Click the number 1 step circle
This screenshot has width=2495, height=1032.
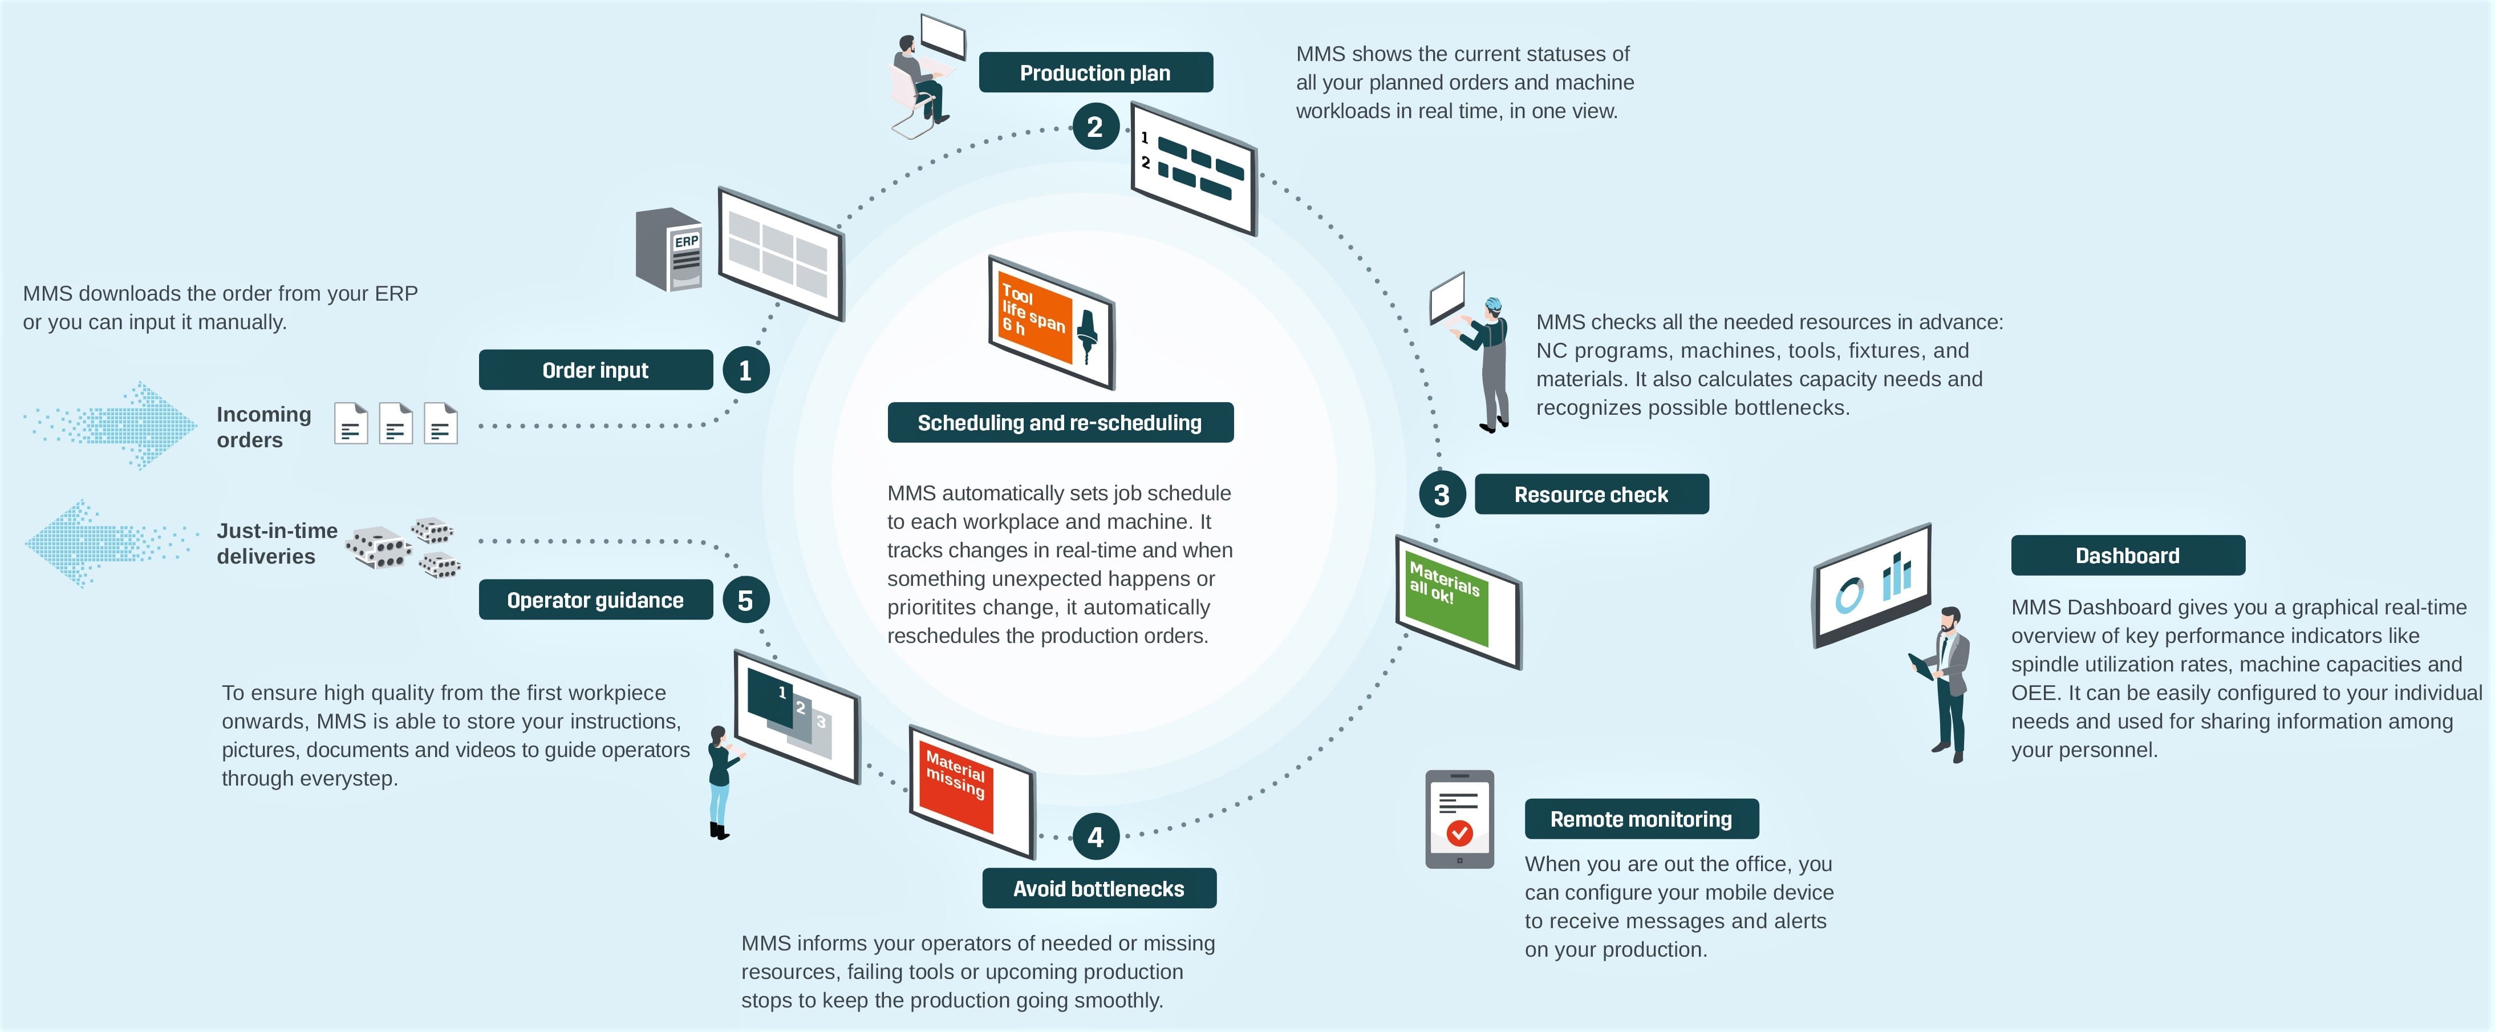point(745,370)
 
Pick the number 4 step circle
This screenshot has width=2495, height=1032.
point(1096,836)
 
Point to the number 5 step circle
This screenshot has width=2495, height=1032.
point(745,600)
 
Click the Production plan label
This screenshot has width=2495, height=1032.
point(1096,72)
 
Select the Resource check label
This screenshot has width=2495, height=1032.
point(1591,494)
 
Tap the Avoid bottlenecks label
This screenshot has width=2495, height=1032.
point(1098,889)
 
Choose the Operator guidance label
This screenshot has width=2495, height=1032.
point(595,600)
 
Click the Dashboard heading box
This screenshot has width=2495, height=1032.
point(2127,555)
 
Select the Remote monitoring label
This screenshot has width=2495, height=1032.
point(1641,819)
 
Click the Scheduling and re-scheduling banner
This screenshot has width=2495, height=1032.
point(1060,423)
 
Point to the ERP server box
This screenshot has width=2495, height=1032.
point(670,249)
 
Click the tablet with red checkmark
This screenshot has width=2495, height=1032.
point(1459,819)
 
